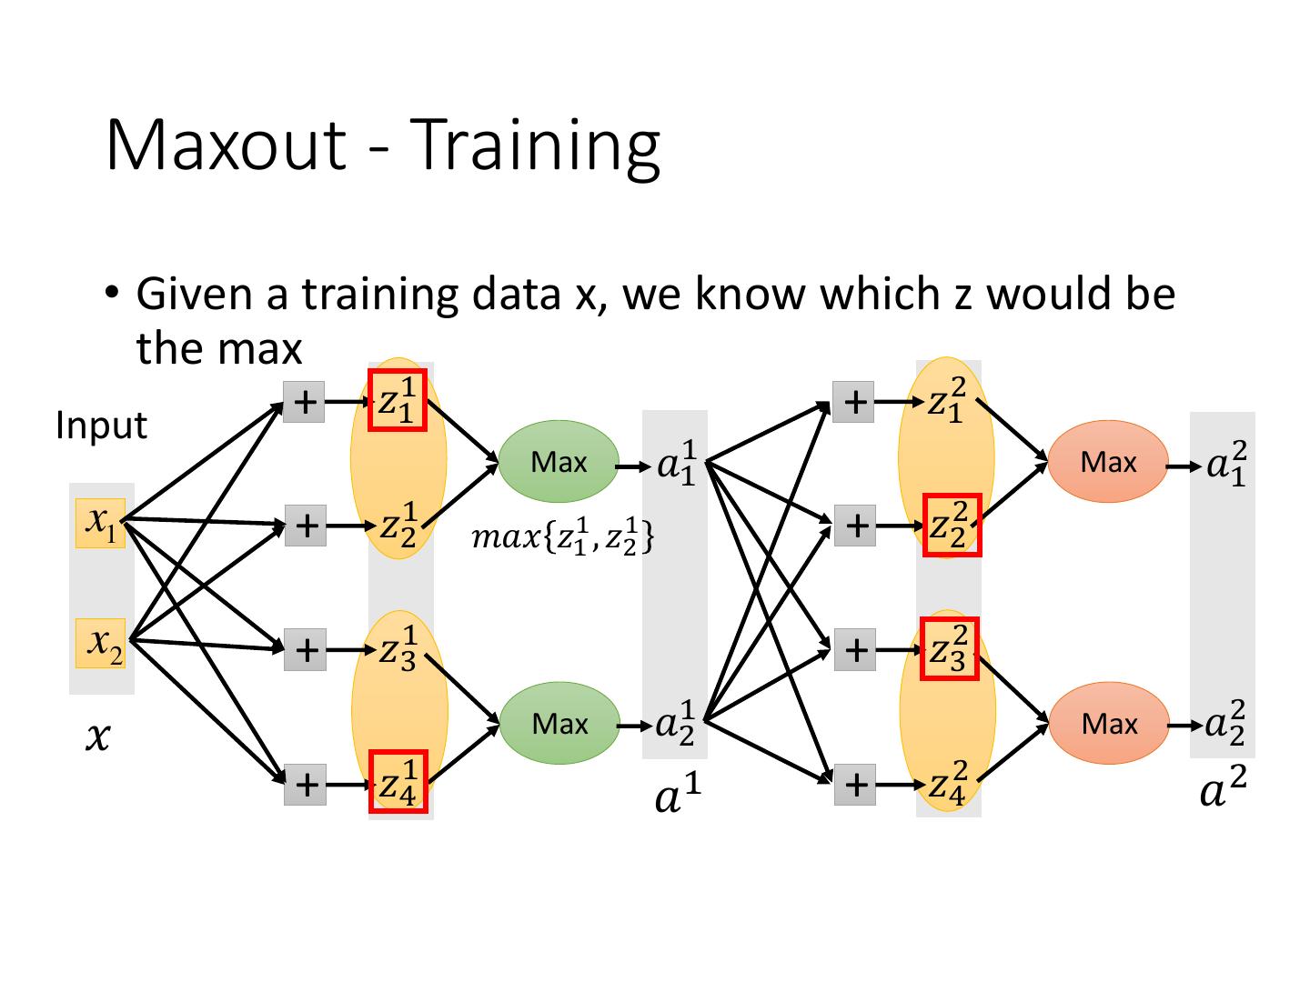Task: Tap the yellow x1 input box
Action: [x=100, y=523]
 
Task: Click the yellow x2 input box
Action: [x=100, y=643]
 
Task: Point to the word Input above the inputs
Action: [x=102, y=426]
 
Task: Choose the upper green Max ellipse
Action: [x=558, y=462]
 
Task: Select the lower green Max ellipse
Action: [x=559, y=723]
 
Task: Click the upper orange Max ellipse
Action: [x=1108, y=462]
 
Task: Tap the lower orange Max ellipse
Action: [x=1109, y=723]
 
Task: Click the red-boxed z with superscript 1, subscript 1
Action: [x=398, y=400]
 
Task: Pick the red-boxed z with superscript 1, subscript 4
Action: [x=398, y=781]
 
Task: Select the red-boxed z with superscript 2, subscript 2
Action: [x=952, y=525]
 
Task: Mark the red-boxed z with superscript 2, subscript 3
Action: [x=950, y=648]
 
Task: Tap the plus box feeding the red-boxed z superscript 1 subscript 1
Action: [x=304, y=402]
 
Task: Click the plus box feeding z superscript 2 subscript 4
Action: [x=854, y=784]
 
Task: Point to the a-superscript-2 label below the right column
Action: [x=1223, y=787]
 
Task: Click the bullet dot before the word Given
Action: [x=112, y=293]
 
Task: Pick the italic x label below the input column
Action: [x=98, y=737]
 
